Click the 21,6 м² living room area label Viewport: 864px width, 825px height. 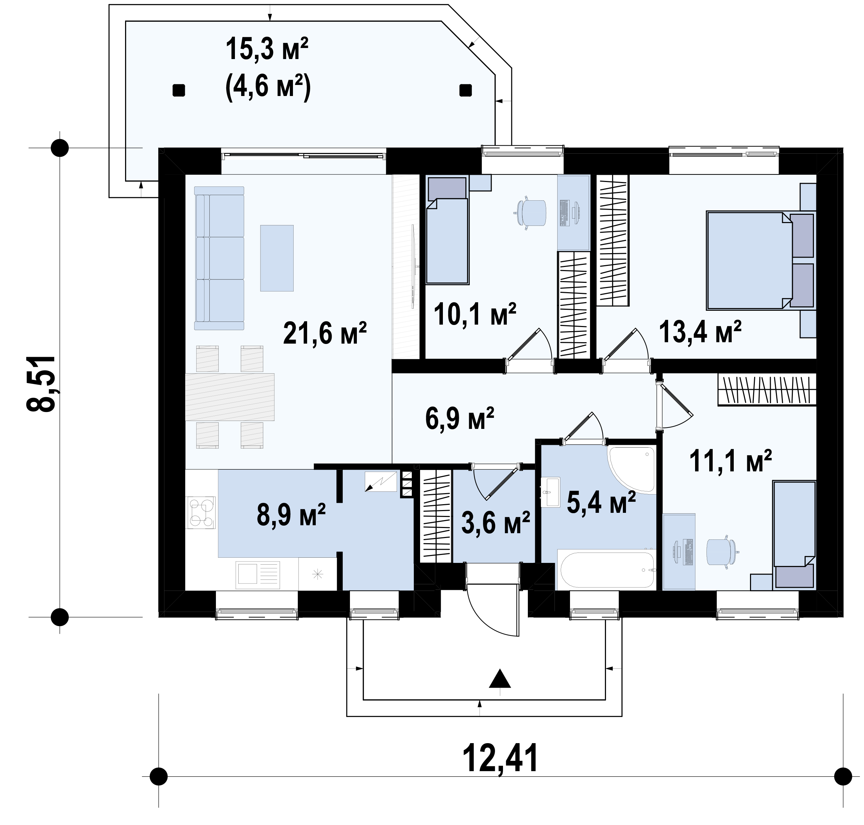[325, 333]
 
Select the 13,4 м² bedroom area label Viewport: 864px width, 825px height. [700, 331]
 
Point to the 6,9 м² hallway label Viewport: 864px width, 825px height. [460, 418]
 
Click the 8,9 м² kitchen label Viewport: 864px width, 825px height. [291, 514]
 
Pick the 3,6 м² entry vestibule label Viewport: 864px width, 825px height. [495, 523]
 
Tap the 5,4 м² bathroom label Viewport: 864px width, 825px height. [601, 503]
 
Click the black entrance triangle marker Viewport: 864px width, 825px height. [500, 679]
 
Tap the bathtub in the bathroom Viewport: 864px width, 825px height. [606, 569]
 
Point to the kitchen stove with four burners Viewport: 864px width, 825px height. [201, 512]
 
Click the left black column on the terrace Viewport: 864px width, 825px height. [178, 90]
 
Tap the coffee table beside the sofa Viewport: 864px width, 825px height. [277, 258]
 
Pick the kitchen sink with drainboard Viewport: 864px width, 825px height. [258, 574]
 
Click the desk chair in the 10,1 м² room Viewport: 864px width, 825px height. [531, 213]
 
